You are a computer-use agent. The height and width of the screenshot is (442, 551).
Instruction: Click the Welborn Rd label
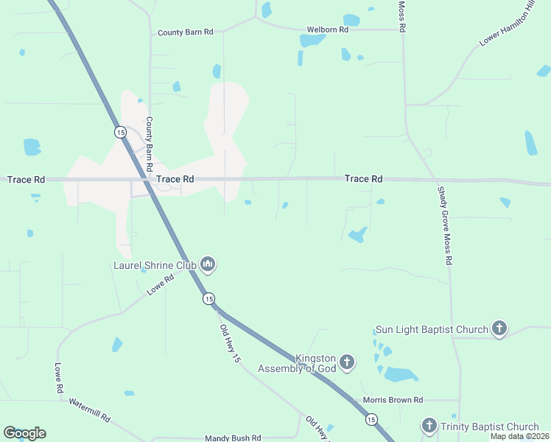tap(328, 29)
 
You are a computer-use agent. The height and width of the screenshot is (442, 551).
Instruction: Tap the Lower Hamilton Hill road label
tap(507, 28)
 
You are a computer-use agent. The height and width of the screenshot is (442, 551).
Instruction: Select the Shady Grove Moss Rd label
tap(444, 225)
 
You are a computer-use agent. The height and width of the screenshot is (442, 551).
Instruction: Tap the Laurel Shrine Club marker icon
tap(208, 264)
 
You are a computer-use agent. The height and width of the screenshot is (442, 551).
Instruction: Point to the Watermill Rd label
tap(90, 410)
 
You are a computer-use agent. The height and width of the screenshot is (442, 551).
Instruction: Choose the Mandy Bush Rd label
tap(233, 438)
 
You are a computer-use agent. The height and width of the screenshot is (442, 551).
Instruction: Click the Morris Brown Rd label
tap(393, 400)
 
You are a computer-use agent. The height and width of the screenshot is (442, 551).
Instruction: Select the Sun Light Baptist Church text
tap(432, 329)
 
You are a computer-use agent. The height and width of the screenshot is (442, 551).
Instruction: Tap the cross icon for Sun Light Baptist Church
tap(499, 329)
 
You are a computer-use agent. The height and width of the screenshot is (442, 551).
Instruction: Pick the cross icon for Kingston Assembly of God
tap(347, 362)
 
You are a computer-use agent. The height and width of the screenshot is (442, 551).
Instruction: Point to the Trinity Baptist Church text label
tap(490, 427)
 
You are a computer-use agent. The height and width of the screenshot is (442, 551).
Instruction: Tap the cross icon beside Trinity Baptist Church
tap(429, 425)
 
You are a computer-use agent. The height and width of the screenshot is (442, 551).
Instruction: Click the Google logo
tap(24, 433)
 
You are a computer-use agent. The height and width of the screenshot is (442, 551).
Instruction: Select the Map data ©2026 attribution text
tap(519, 436)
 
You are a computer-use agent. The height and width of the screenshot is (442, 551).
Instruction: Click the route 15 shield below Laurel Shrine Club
tap(209, 298)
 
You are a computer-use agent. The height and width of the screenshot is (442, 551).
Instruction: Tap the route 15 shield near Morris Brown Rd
tap(371, 418)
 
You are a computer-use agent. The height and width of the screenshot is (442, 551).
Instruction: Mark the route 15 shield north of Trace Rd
tap(119, 132)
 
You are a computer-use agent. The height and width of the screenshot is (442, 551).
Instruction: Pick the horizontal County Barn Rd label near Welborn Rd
tap(185, 32)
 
